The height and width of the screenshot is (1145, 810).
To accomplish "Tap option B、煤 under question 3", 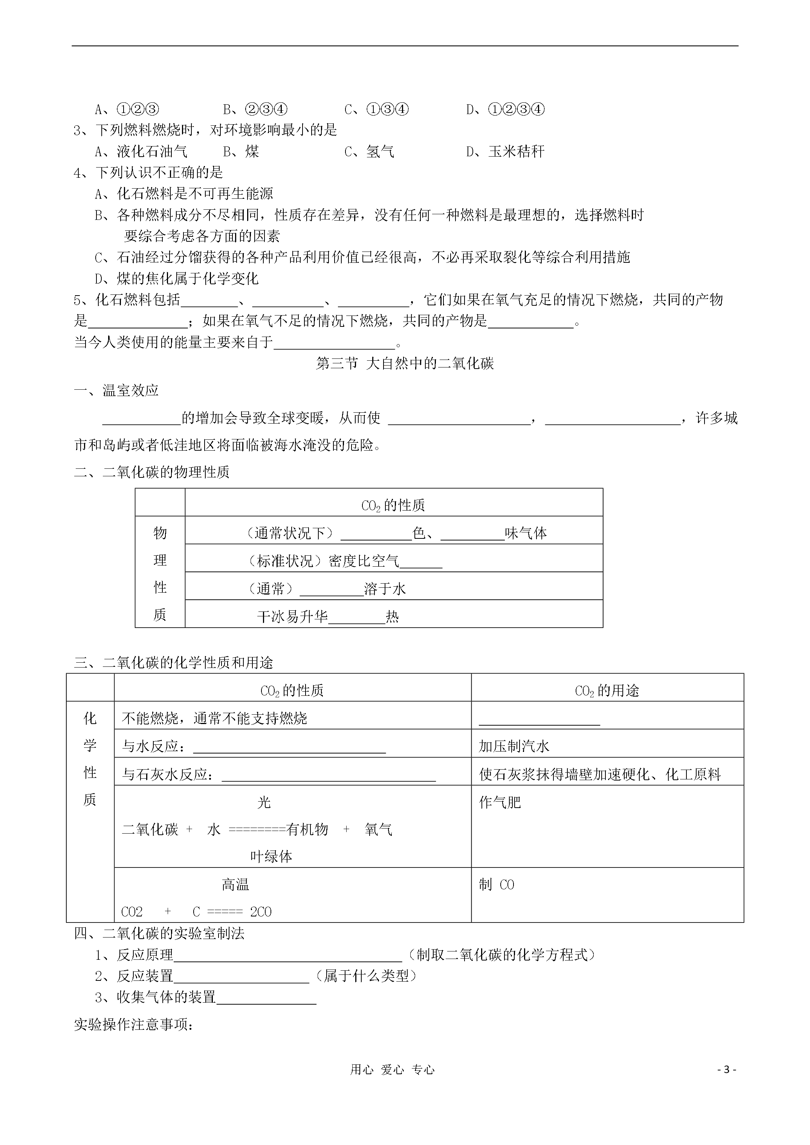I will coord(241,152).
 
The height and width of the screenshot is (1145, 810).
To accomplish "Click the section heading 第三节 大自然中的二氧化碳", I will coord(405,364).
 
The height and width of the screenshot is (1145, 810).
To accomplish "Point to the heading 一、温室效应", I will coord(116,390).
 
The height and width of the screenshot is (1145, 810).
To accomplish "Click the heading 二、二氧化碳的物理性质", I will coord(152,472).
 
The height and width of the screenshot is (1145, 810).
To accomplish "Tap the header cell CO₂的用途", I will coord(607,691).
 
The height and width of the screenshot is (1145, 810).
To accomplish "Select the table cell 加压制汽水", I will coord(514,747).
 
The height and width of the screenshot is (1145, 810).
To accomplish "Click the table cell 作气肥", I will coord(500,802).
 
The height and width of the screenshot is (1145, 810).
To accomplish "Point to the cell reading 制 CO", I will coord(497,885).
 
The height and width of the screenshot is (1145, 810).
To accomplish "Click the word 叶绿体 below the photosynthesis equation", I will coord(271,857).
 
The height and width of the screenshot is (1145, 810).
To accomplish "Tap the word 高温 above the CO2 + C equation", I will coord(235,885).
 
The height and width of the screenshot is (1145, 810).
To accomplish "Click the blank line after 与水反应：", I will coord(289,748).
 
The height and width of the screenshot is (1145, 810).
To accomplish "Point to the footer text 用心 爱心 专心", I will coord(392,1070).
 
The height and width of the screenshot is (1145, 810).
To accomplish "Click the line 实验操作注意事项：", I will coord(134,1025).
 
